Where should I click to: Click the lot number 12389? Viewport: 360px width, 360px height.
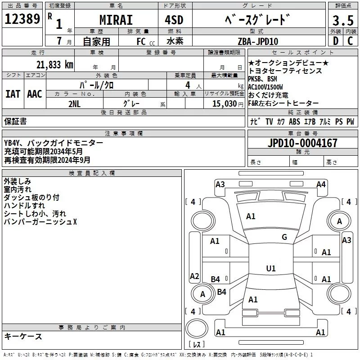pyautogui.click(x=22, y=19)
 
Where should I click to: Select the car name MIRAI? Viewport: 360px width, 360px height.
pyautogui.click(x=116, y=20)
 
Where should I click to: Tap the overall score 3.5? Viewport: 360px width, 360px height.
pyautogui.click(x=342, y=21)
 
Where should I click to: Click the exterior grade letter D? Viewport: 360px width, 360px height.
pyautogui.click(x=335, y=41)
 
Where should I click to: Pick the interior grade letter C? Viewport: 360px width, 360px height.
pyautogui.click(x=350, y=41)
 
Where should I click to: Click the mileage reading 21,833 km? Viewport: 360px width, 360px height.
pyautogui.click(x=54, y=64)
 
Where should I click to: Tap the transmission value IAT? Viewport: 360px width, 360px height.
pyautogui.click(x=13, y=94)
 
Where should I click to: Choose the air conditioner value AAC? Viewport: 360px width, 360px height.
pyautogui.click(x=35, y=94)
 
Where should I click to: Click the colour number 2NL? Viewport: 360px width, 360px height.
pyautogui.click(x=75, y=103)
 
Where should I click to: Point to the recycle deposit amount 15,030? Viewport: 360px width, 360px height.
pyautogui.click(x=224, y=103)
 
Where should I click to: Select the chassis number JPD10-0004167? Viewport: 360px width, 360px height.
pyautogui.click(x=302, y=144)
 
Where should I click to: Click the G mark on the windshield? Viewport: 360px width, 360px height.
pyautogui.click(x=284, y=237)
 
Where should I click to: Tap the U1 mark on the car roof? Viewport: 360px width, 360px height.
pyautogui.click(x=271, y=269)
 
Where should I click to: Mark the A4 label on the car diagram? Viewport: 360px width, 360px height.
pyautogui.click(x=321, y=184)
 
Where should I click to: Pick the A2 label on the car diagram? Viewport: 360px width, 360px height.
pyautogui.click(x=194, y=276)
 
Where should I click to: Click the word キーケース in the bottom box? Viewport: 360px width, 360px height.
pyautogui.click(x=23, y=336)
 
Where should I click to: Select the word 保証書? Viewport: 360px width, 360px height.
pyautogui.click(x=15, y=121)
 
